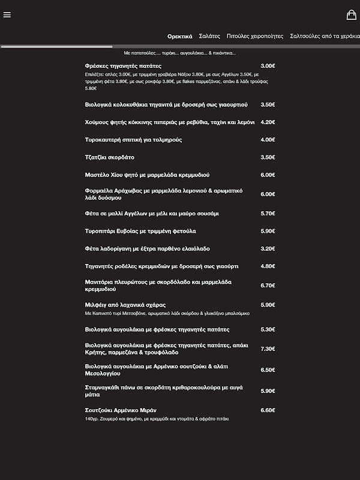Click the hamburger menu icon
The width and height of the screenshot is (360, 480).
click(x=7, y=15)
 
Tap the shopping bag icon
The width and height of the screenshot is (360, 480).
click(x=352, y=15)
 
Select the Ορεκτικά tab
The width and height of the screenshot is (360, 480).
click(x=180, y=36)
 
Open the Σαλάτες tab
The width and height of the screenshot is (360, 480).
click(x=209, y=36)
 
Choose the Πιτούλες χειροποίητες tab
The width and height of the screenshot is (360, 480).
click(x=255, y=36)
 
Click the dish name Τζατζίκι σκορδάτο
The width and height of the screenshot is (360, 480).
click(x=110, y=157)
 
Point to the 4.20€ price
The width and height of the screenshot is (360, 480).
click(x=268, y=122)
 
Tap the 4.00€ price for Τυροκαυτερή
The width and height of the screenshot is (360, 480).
click(x=268, y=140)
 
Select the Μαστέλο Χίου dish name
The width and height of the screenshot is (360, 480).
click(x=147, y=175)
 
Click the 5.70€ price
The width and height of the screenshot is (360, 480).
click(x=268, y=213)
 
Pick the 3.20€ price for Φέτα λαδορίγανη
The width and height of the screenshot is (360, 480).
click(x=268, y=248)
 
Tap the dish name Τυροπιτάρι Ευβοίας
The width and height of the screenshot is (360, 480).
click(x=140, y=231)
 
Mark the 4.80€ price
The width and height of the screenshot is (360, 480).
click(x=268, y=266)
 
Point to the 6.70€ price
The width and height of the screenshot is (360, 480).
click(x=268, y=286)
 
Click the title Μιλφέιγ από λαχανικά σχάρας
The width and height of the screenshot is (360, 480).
click(x=125, y=305)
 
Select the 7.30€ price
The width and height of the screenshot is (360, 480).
click(x=268, y=349)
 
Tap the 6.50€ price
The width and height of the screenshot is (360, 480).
click(x=268, y=370)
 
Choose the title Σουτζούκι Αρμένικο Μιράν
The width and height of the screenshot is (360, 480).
click(x=121, y=410)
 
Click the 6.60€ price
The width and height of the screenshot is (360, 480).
click(x=268, y=410)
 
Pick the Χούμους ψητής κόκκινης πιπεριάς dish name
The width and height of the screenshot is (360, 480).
click(x=170, y=122)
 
